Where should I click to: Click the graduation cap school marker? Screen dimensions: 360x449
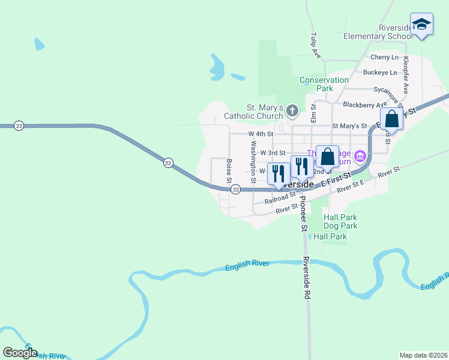421,24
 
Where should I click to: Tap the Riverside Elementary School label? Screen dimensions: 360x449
378,32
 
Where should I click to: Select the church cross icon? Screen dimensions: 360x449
292,110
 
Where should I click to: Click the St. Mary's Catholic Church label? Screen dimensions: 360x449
253,112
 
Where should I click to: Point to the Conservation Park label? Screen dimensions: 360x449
324,84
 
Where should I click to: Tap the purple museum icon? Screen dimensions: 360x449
360,157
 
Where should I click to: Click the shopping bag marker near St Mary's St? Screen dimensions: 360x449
391,119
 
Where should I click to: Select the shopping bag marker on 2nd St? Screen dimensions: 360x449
327,157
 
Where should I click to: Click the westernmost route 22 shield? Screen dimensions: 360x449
19,125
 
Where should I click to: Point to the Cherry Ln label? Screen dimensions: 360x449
384,58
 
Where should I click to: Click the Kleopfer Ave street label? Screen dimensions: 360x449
406,75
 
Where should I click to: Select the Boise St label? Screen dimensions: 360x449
229,171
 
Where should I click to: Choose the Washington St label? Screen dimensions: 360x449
253,157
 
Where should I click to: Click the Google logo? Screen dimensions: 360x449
20,353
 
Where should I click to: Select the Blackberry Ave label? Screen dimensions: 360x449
363,104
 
